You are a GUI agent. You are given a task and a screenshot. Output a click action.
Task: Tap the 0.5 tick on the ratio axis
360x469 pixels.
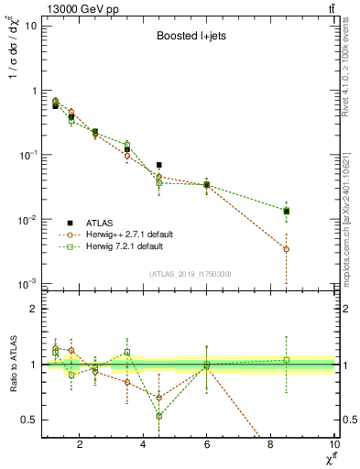tap(29, 420)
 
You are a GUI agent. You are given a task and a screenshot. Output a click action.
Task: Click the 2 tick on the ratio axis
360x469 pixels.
tap(33, 309)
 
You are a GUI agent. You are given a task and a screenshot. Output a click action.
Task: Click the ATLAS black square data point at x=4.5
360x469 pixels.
tap(159, 165)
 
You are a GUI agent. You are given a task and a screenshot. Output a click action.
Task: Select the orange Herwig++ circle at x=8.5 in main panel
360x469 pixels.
tap(287, 249)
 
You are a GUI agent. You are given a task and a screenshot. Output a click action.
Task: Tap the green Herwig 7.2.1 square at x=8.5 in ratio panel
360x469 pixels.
tap(287, 360)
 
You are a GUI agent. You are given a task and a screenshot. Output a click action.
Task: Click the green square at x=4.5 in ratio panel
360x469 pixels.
tap(159, 416)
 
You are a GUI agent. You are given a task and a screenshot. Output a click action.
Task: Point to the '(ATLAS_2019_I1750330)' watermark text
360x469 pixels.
tap(190, 274)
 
